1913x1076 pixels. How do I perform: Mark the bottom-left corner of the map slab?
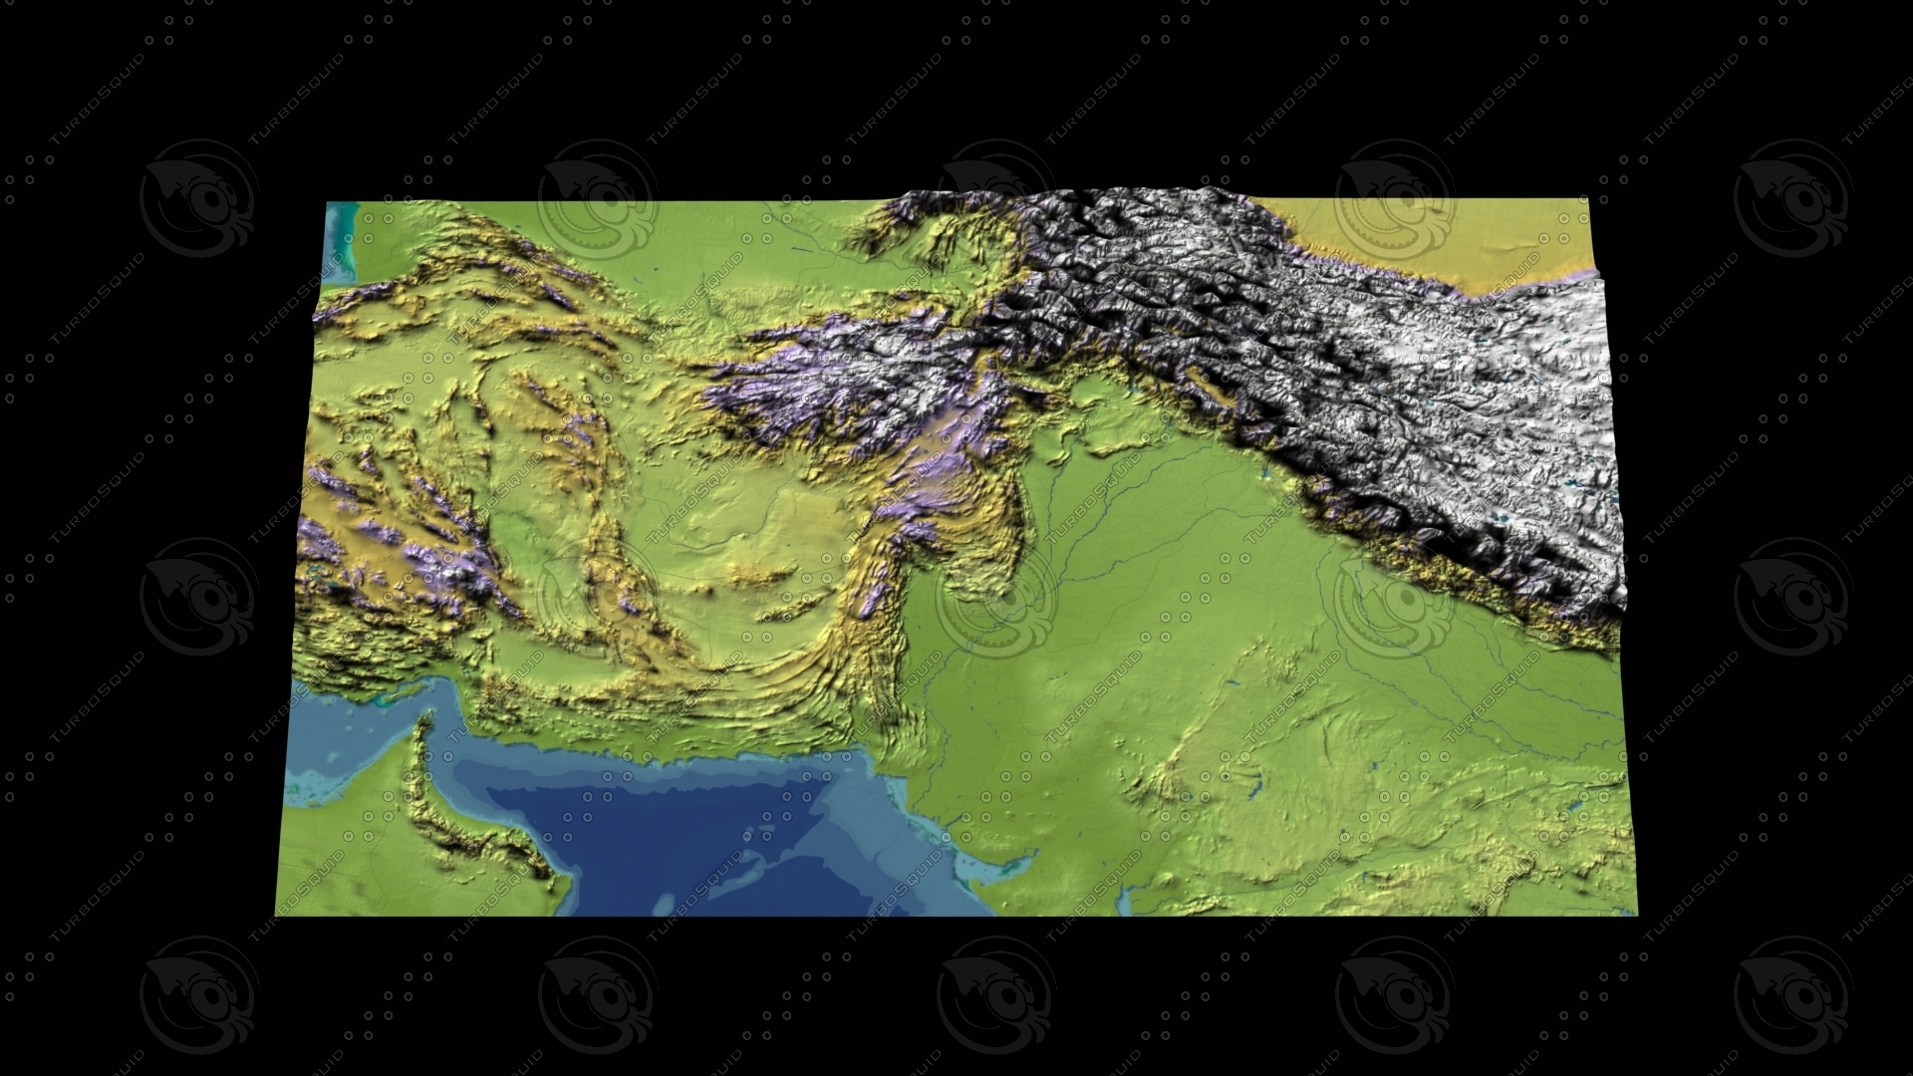pyautogui.click(x=276, y=915)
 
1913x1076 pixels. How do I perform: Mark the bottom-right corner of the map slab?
pyautogui.click(x=1636, y=914)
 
